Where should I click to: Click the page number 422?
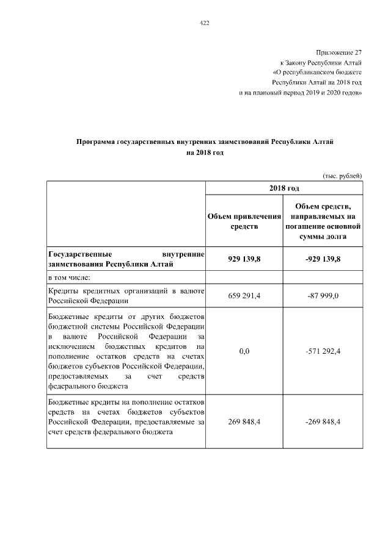[x=205, y=23]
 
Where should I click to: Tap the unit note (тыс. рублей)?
[x=343, y=176]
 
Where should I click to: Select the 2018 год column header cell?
[x=283, y=188]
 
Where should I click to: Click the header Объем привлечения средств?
[x=244, y=221]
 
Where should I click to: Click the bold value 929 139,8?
[x=244, y=259]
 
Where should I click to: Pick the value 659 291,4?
[x=244, y=296]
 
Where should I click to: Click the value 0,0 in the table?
[x=244, y=352]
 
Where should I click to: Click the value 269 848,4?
[x=244, y=421]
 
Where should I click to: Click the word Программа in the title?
[x=95, y=142]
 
